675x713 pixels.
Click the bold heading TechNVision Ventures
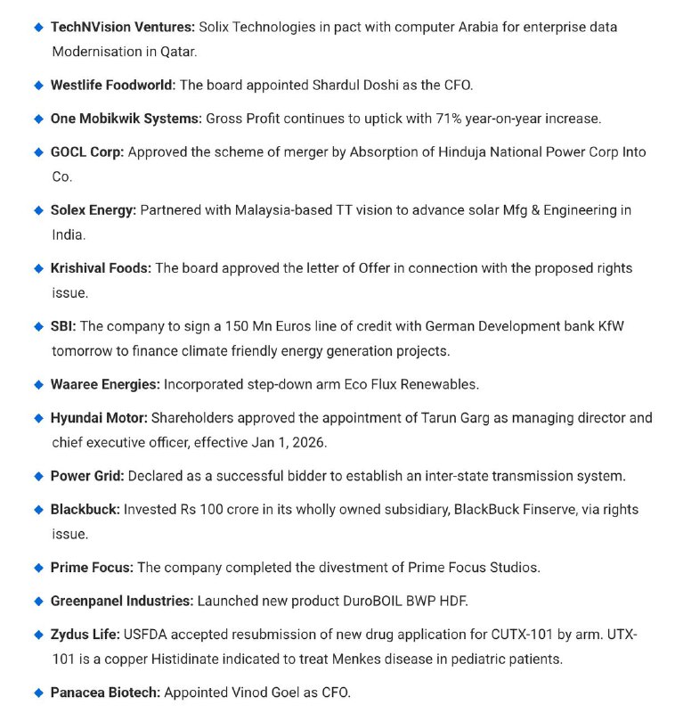click(123, 27)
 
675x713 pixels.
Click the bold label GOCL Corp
click(87, 152)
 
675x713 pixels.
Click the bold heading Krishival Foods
click(101, 268)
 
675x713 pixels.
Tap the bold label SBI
click(62, 326)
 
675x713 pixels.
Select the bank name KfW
click(609, 326)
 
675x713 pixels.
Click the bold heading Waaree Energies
click(105, 384)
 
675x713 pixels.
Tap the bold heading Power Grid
click(86, 476)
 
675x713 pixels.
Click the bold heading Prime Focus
click(92, 567)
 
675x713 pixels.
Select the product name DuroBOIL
click(377, 601)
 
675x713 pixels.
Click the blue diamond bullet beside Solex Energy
click(38, 210)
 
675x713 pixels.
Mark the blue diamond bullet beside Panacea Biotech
click(38, 693)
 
